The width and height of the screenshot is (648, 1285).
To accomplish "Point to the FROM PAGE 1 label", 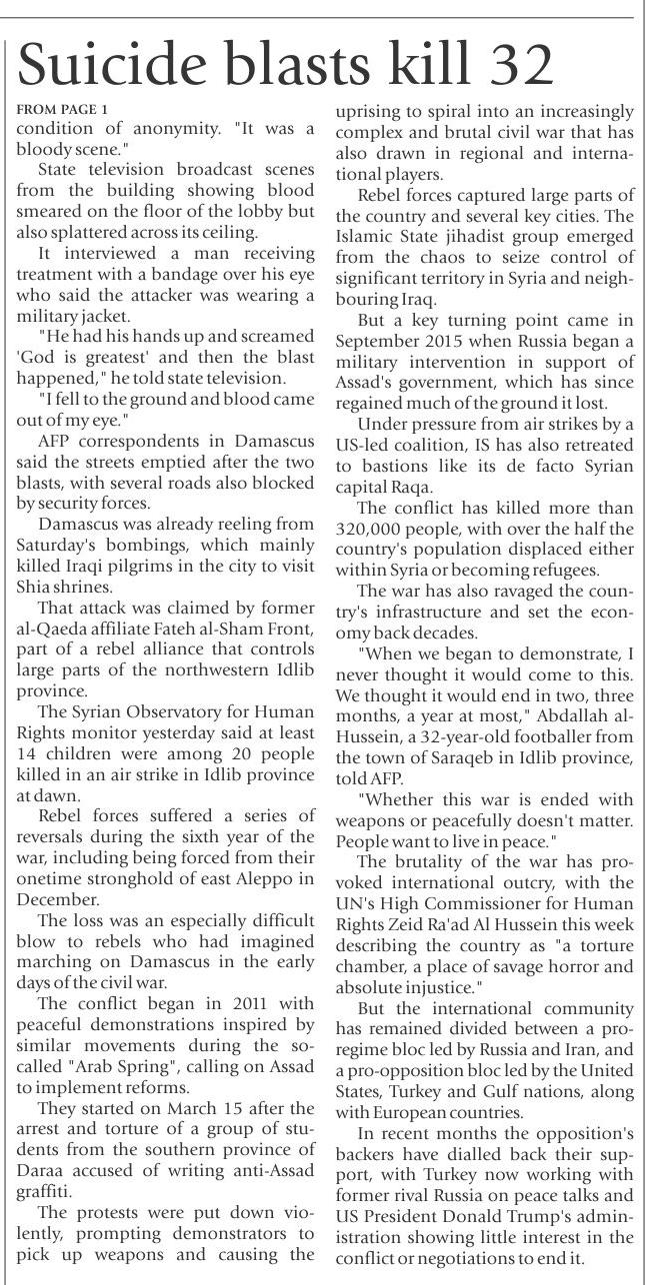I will click(x=61, y=107).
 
